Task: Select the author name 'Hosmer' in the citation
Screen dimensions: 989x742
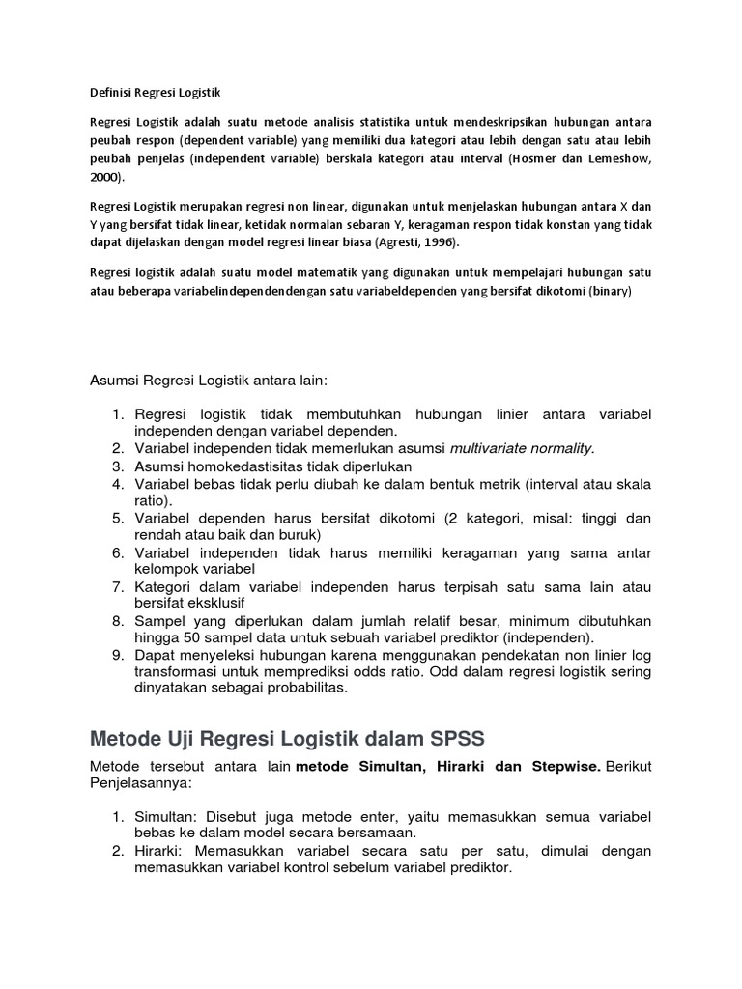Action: pyautogui.click(x=541, y=158)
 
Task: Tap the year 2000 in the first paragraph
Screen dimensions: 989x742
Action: pyautogui.click(x=105, y=178)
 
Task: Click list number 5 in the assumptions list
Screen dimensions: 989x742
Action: pyautogui.click(x=118, y=518)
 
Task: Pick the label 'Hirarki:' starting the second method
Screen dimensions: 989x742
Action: pyautogui.click(x=161, y=851)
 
